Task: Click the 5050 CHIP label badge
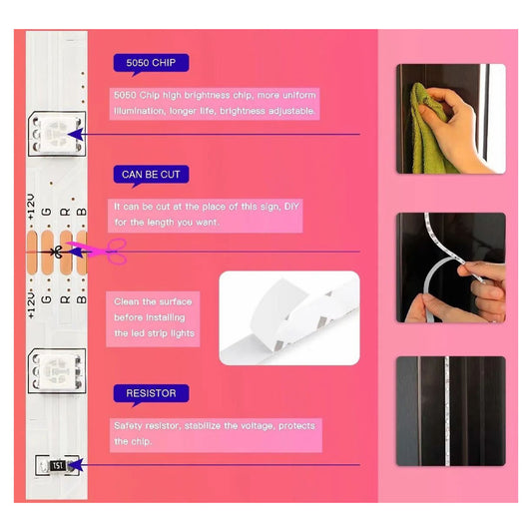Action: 151,64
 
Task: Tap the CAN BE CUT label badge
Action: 151,175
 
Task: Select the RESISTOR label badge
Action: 151,394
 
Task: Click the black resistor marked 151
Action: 57,465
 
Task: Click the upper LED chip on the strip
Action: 57,135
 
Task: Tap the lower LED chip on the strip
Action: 57,371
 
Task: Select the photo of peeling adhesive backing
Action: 451,267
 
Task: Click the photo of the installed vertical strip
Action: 451,411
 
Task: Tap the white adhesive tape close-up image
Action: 289,318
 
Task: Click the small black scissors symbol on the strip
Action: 57,252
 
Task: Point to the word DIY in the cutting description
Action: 291,207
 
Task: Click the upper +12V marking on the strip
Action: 31,207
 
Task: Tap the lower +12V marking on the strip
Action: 31,304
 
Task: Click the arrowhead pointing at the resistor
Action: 76,465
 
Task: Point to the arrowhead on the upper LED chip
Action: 76,135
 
